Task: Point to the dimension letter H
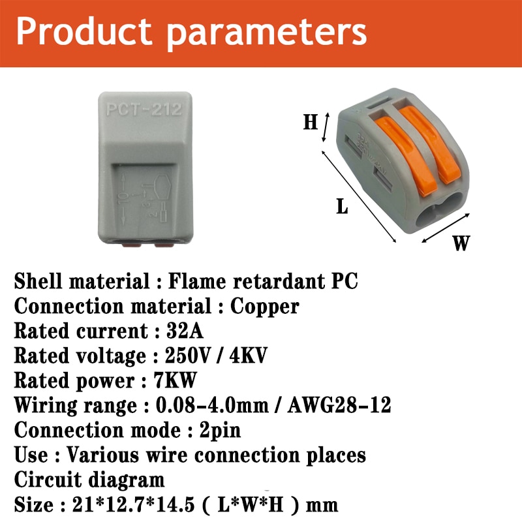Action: [x=310, y=122]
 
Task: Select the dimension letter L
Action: [x=342, y=207]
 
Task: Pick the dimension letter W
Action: [x=461, y=243]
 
